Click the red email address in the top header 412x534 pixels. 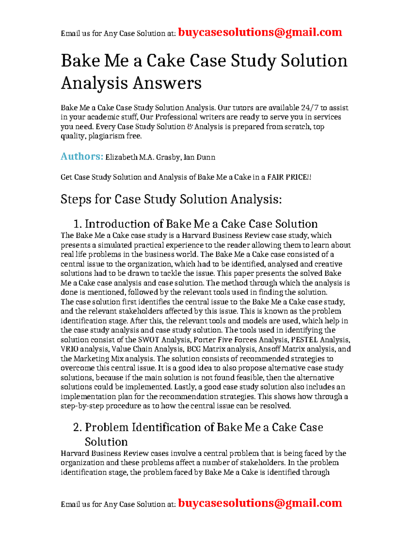pyautogui.click(x=260, y=32)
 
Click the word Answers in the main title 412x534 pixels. pyautogui.click(x=167, y=83)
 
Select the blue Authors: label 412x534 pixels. pyautogui.click(x=82, y=156)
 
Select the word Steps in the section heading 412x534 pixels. pyautogui.click(x=76, y=199)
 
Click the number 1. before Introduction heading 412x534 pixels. pyautogui.click(x=78, y=224)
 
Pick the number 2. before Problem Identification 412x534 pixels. pyautogui.click(x=78, y=427)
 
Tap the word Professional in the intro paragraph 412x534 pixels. pyautogui.click(x=176, y=117)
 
